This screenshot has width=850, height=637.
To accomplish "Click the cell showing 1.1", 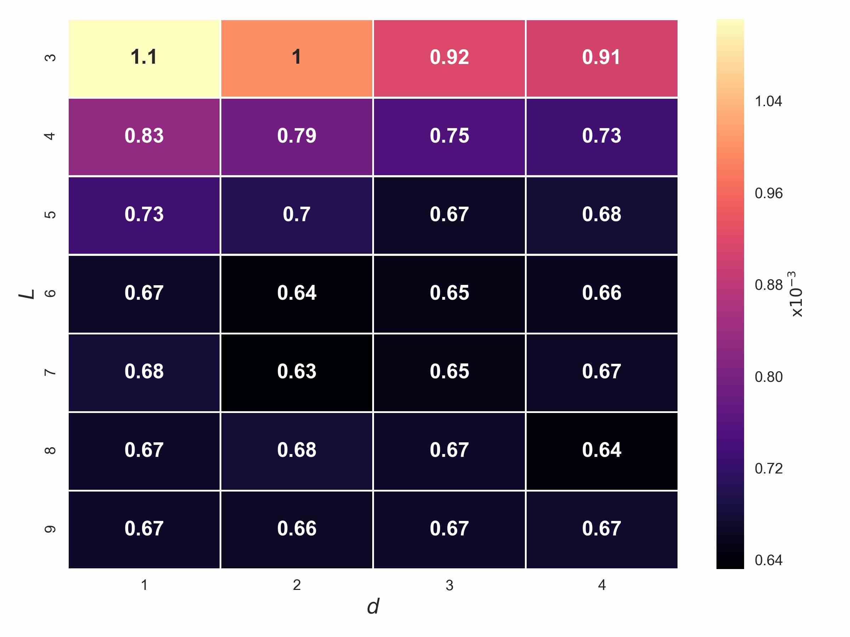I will [x=144, y=58].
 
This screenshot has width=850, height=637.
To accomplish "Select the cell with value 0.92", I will [x=449, y=58].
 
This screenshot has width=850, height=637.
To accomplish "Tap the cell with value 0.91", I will [x=602, y=58].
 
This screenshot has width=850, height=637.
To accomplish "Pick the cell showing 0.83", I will [x=144, y=136].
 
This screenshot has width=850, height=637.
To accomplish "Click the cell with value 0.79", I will [x=297, y=136].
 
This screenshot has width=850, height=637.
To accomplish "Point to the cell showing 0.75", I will [x=449, y=136].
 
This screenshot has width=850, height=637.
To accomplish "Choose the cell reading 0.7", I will [x=297, y=215].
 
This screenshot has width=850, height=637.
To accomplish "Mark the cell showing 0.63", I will [x=297, y=372].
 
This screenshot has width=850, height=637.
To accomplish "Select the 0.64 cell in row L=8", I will [x=602, y=451].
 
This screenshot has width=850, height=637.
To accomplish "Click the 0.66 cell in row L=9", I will [x=297, y=529].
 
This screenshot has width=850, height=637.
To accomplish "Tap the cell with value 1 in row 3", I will [x=297, y=58].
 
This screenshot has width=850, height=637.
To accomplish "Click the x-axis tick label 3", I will [x=449, y=585].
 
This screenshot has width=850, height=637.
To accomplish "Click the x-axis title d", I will [x=373, y=607].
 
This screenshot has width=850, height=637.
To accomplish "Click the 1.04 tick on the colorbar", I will [x=769, y=101].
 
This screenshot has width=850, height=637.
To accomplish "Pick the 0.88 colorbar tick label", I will [x=769, y=285].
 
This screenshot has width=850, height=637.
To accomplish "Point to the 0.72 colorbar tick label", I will [x=769, y=469].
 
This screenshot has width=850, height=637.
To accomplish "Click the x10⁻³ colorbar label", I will [x=796, y=294].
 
